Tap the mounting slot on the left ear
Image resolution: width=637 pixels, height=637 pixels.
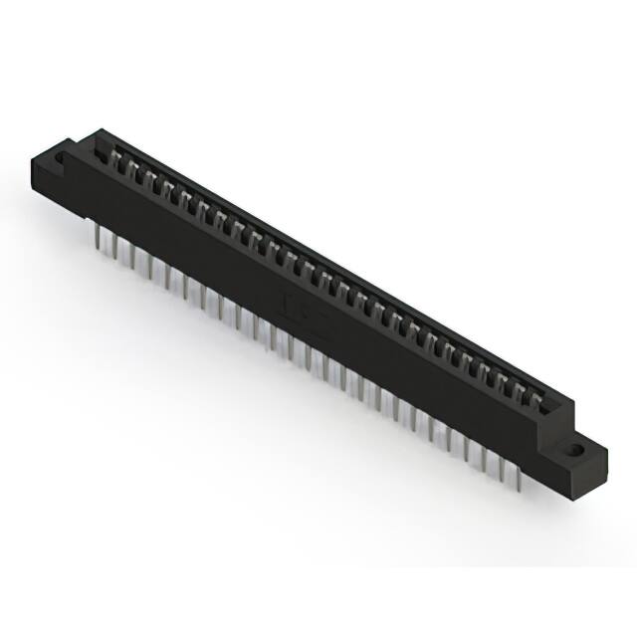[x=61, y=157]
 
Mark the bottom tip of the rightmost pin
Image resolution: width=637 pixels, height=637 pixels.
[x=519, y=489]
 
